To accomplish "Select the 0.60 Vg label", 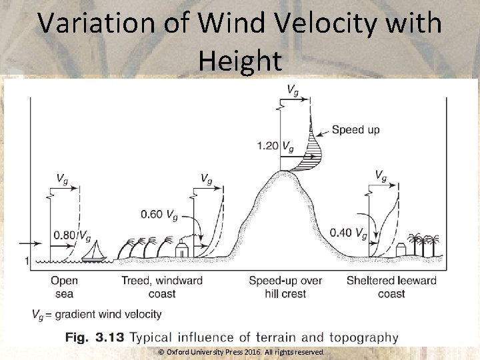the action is pyautogui.click(x=159, y=214).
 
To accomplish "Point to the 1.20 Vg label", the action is pyautogui.click(x=275, y=145).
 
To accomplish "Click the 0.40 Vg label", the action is pyautogui.click(x=348, y=233).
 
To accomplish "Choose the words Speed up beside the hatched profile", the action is pyautogui.click(x=355, y=129).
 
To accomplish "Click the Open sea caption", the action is pyautogui.click(x=65, y=287).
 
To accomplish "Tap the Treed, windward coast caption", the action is pyautogui.click(x=162, y=287).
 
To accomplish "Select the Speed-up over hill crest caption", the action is pyautogui.click(x=285, y=287).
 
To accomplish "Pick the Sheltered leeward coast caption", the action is pyautogui.click(x=391, y=287).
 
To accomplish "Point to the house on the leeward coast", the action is pyautogui.click(x=401, y=249).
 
